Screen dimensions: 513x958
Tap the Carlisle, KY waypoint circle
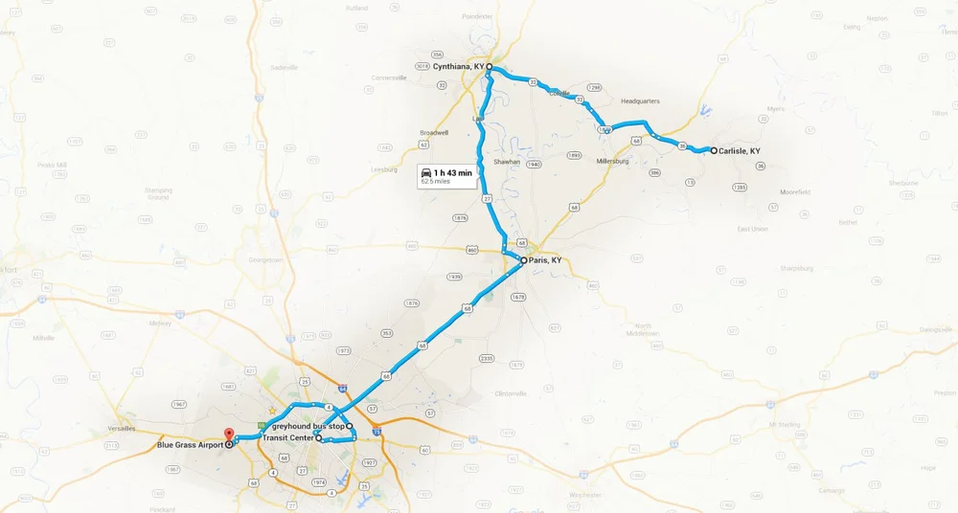(x=714, y=150)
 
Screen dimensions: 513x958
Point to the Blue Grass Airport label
(x=190, y=445)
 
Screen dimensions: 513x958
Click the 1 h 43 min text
(x=453, y=172)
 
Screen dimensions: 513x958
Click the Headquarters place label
(x=640, y=100)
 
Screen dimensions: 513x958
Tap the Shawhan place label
(x=507, y=162)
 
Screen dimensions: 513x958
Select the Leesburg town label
(x=383, y=169)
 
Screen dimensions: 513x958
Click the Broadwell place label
(x=433, y=133)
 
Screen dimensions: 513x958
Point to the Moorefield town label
(x=794, y=192)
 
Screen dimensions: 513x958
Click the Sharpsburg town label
(x=797, y=268)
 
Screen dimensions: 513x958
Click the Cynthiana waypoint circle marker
(x=489, y=67)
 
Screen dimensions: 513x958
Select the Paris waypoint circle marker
(x=523, y=260)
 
